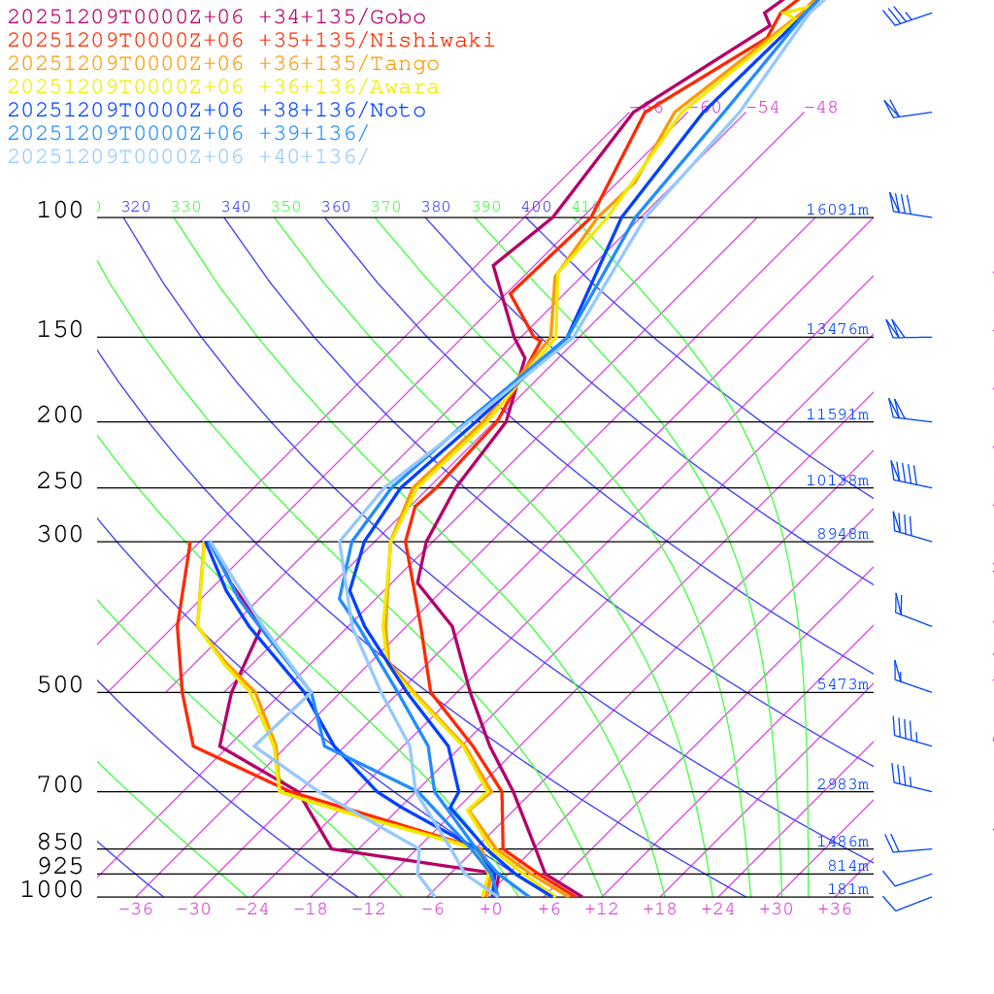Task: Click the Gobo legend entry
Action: (x=215, y=17)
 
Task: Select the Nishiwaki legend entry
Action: (x=250, y=40)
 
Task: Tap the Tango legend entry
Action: (x=223, y=64)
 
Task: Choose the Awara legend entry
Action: (x=223, y=87)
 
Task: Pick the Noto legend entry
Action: (x=215, y=111)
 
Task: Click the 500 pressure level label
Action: (x=60, y=685)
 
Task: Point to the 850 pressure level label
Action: (x=60, y=842)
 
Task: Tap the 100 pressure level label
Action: (x=60, y=210)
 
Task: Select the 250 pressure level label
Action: (x=60, y=480)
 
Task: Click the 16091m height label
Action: (x=837, y=210)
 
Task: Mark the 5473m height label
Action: (x=842, y=684)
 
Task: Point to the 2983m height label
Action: (x=842, y=784)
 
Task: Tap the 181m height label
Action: (x=847, y=889)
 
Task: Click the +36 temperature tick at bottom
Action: (x=834, y=909)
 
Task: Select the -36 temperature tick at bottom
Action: (x=135, y=909)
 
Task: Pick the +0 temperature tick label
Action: (x=491, y=909)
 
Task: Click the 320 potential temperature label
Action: (x=136, y=207)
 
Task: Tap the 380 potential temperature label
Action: (x=436, y=207)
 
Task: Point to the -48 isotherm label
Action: (x=820, y=107)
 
